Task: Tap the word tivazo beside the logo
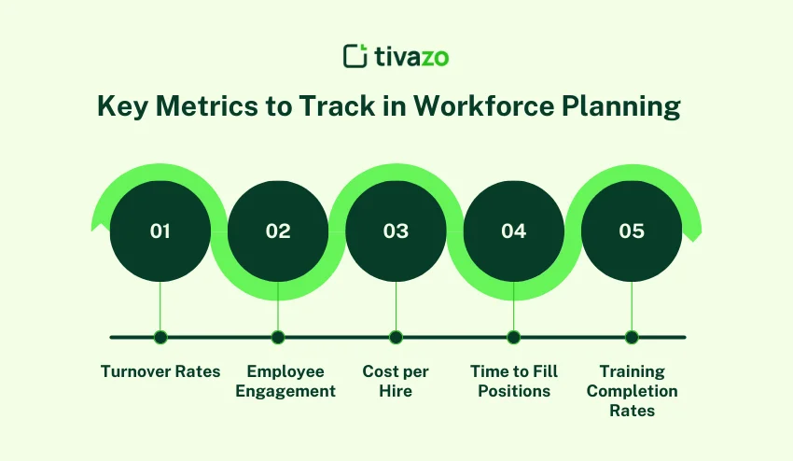410,57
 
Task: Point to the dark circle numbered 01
160,231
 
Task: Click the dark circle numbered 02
278,231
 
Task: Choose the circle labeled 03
396,231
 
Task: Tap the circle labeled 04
514,231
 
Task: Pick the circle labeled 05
632,231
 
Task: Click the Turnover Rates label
160,371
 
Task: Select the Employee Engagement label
285,382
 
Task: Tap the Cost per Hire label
396,382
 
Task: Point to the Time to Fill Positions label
514,382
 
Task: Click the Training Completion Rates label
632,391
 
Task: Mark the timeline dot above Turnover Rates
160,337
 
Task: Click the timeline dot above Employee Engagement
278,337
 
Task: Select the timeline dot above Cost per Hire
396,337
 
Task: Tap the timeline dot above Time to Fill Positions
514,337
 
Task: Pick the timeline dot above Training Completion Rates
632,337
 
